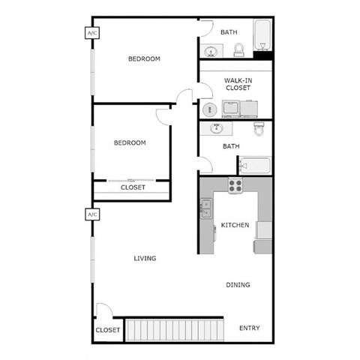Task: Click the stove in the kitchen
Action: (235, 186)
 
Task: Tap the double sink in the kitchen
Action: (205, 208)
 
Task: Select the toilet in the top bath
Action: (239, 49)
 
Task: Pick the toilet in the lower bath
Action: (259, 129)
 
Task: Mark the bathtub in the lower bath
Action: (254, 165)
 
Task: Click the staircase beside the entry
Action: (175, 329)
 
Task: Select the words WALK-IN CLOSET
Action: (237, 84)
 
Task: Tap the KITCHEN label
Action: (235, 225)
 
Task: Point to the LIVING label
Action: (145, 259)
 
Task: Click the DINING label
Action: (238, 285)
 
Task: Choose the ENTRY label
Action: (250, 328)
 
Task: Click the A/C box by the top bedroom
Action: (93, 33)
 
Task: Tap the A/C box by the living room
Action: (93, 214)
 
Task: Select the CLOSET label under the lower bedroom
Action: (133, 187)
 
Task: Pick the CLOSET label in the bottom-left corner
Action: (108, 330)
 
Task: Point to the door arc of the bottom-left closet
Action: (106, 309)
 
